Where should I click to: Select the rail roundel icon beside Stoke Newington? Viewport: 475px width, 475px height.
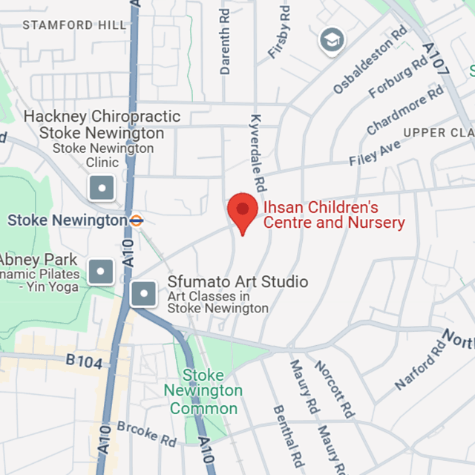136,220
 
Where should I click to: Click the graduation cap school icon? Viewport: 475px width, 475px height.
331,40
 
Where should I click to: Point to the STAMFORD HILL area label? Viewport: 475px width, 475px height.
74,25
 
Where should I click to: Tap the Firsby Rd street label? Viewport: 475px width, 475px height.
278,34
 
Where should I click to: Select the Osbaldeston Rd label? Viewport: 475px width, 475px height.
370,61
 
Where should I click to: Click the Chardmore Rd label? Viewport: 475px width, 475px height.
405,111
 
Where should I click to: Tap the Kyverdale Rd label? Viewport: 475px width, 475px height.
258,153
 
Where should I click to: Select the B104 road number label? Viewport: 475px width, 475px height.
82,361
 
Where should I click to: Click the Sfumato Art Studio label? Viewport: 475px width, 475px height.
237,282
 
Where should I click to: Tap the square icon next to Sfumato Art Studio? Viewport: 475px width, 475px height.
143,295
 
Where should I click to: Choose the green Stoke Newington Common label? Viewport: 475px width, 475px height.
203,391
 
